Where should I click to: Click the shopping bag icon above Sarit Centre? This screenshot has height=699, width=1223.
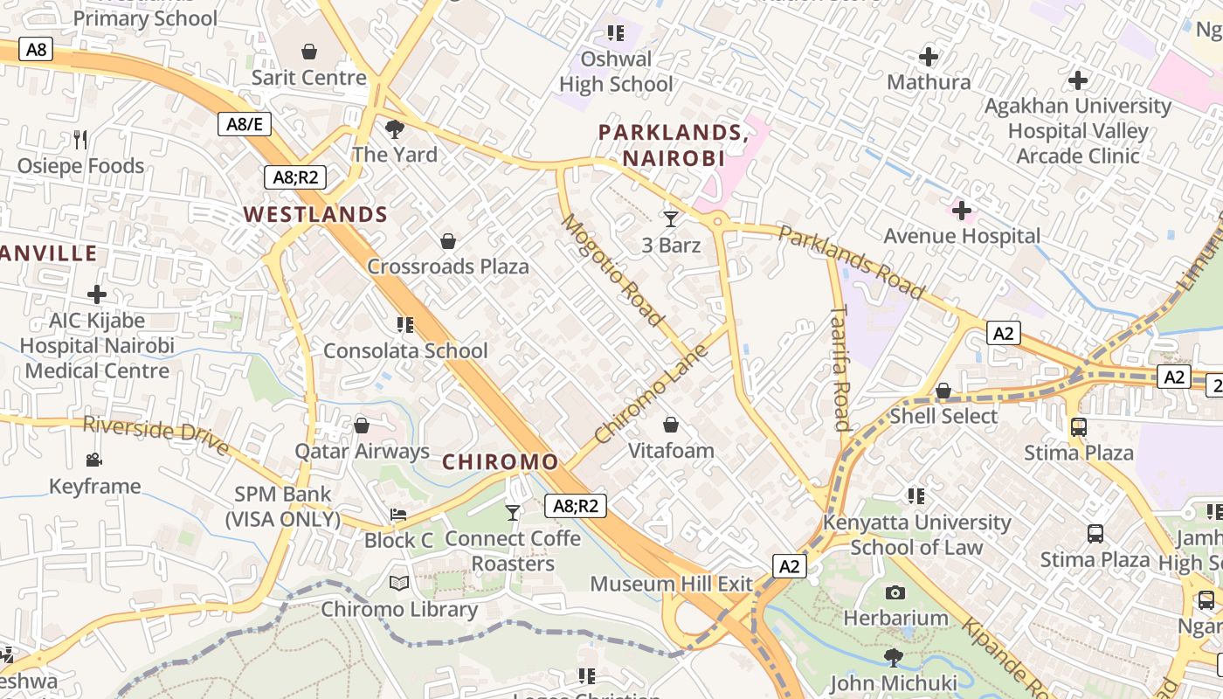click(x=308, y=52)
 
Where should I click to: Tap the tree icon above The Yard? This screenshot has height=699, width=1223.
click(x=395, y=129)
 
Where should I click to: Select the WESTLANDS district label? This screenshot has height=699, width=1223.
click(x=315, y=214)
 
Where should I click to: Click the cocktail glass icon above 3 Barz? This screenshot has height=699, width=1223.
click(x=671, y=218)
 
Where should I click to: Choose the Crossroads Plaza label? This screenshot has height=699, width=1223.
click(x=448, y=266)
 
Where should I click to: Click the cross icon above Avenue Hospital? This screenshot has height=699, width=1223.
click(x=962, y=211)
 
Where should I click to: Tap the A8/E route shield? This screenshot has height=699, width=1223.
click(x=244, y=124)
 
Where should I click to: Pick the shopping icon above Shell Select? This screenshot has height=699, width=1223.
click(x=943, y=391)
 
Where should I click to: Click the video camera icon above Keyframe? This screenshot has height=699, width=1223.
click(x=94, y=460)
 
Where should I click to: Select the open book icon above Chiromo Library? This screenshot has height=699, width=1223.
click(x=399, y=583)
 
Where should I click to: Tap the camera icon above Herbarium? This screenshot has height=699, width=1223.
click(x=895, y=592)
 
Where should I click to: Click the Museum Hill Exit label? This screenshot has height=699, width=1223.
click(x=671, y=583)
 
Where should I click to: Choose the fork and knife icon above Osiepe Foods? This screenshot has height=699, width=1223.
click(x=80, y=139)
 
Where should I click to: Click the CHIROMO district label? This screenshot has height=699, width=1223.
click(x=501, y=462)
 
